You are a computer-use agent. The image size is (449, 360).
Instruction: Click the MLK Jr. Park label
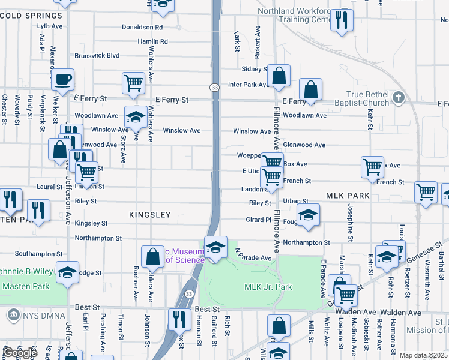pos(268,287)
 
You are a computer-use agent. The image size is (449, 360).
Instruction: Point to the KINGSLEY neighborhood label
pos(150,214)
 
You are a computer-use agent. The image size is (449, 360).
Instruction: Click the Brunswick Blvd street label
pos(97,56)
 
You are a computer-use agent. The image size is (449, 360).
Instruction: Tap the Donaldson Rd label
pos(142,27)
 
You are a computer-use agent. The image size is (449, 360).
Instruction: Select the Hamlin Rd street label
pos(152,41)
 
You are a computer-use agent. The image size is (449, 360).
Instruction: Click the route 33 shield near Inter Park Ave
pos(214,88)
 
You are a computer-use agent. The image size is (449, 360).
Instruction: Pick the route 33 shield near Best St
pos(189,294)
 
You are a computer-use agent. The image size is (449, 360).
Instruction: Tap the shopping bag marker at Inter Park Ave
pos(279,76)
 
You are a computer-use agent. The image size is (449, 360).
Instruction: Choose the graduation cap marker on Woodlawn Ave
pos(136,117)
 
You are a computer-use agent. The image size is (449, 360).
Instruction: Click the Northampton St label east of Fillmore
pos(307,242)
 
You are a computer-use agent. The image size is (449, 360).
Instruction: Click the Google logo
pos(19,353)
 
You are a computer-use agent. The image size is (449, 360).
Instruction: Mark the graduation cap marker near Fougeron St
pos(308,215)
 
